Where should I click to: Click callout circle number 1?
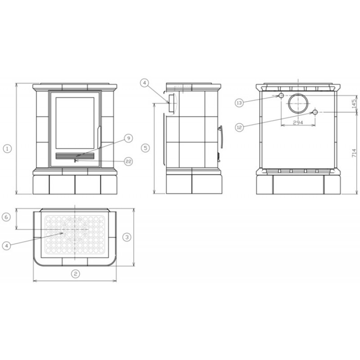pyautogui.click(x=7, y=149)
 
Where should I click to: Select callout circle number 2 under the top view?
pyautogui.click(x=75, y=274)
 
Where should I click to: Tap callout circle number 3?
pyautogui.click(x=127, y=237)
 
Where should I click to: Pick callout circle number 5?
pyautogui.click(x=145, y=148)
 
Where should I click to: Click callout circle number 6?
pyautogui.click(x=6, y=217)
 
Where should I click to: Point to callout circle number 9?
pyautogui.click(x=128, y=138)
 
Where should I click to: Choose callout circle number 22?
pyautogui.click(x=128, y=162)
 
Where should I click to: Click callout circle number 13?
pyautogui.click(x=239, y=103)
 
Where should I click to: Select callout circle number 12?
pyautogui.click(x=239, y=127)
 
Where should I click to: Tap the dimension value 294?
pyautogui.click(x=298, y=122)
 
